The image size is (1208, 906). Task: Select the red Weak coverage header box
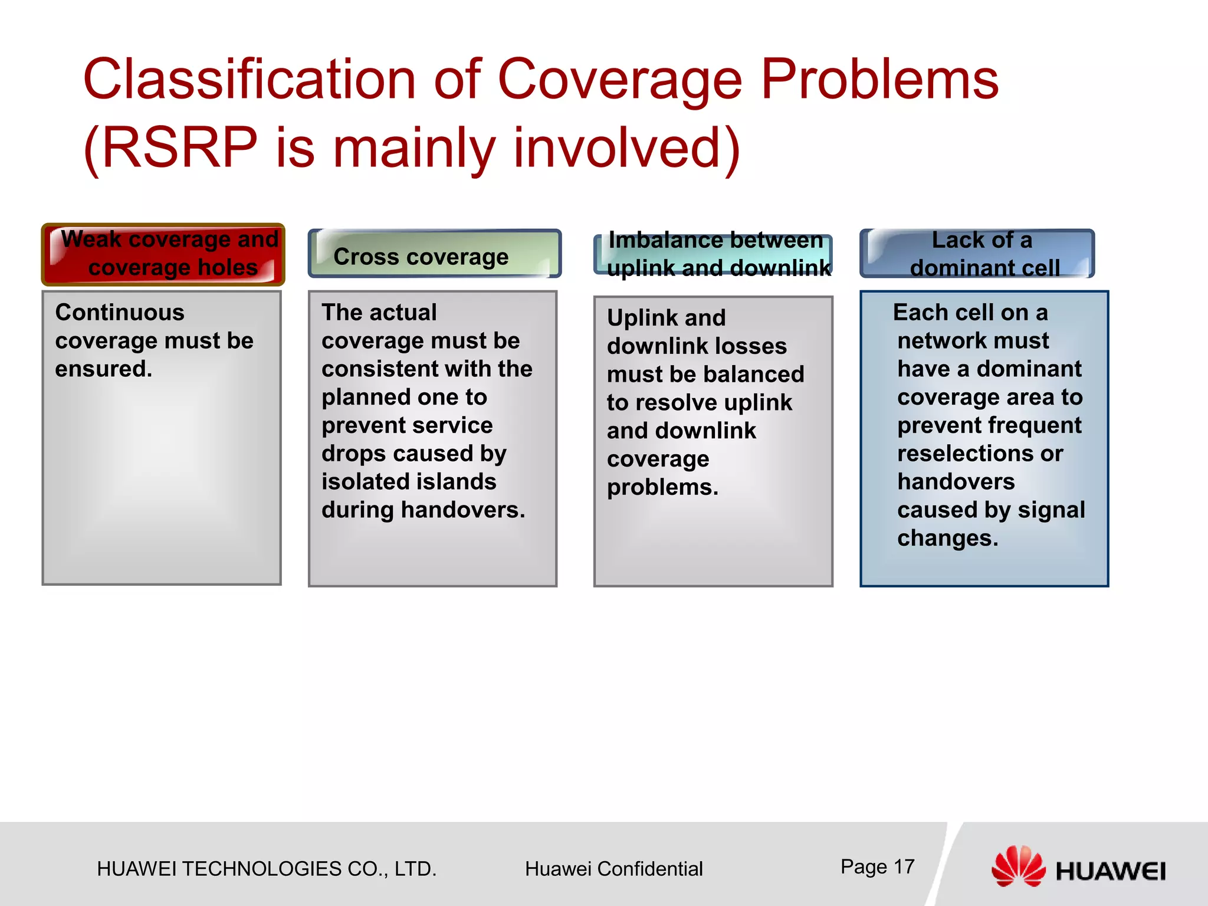pyautogui.click(x=163, y=254)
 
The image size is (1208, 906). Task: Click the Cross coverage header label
pyautogui.click(x=421, y=257)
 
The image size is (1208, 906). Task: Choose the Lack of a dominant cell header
pyautogui.click(x=982, y=254)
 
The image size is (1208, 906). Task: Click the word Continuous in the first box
pyautogui.click(x=120, y=313)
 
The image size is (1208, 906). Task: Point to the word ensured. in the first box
pyautogui.click(x=104, y=369)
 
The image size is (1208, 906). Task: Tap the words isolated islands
pyautogui.click(x=409, y=482)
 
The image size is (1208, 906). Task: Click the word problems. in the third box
pyautogui.click(x=662, y=488)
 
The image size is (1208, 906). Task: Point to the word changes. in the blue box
pyautogui.click(x=947, y=539)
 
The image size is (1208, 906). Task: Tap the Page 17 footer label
pyautogui.click(x=877, y=866)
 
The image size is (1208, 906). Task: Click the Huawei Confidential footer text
pyautogui.click(x=613, y=869)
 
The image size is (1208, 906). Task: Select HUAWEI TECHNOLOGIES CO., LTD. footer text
pyautogui.click(x=267, y=869)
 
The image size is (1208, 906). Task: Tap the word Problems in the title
pyautogui.click(x=879, y=80)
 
